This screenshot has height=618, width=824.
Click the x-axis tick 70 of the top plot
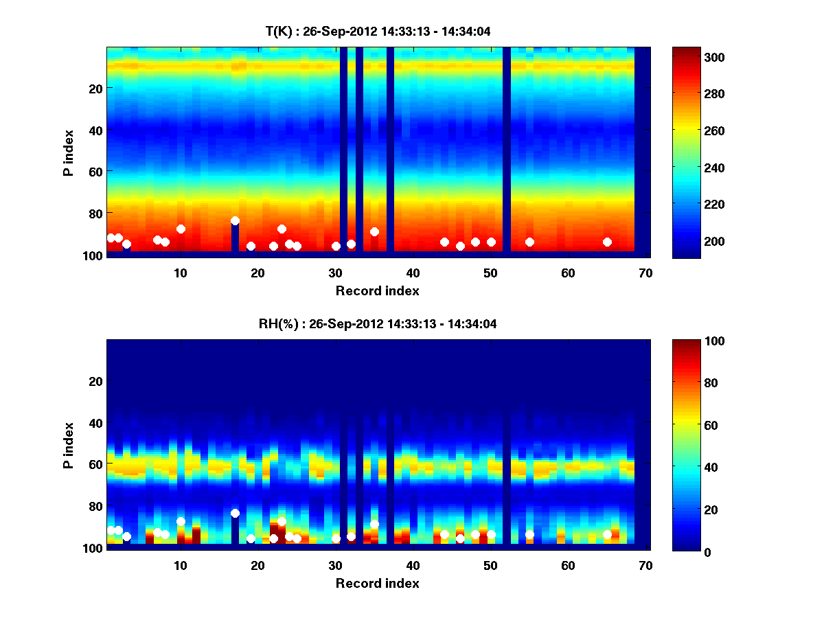pos(645,272)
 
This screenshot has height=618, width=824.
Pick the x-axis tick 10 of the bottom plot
pos(181,565)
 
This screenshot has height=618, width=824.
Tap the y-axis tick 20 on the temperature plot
pos(95,88)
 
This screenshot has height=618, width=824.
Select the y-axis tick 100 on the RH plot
pos(92,548)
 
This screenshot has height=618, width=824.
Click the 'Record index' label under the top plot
pos(377,290)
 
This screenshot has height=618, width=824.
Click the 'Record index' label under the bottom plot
pos(377,583)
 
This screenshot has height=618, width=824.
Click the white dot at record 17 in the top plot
pos(235,220)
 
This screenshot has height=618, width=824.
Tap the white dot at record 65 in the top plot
pos(607,242)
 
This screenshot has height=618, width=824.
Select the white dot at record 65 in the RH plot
pos(607,534)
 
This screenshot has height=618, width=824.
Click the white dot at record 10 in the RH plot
pos(181,521)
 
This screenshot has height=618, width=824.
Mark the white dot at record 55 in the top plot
pos(529,242)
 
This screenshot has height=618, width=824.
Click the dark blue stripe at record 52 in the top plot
pos(507,137)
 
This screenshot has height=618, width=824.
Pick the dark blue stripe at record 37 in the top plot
pos(390,137)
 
